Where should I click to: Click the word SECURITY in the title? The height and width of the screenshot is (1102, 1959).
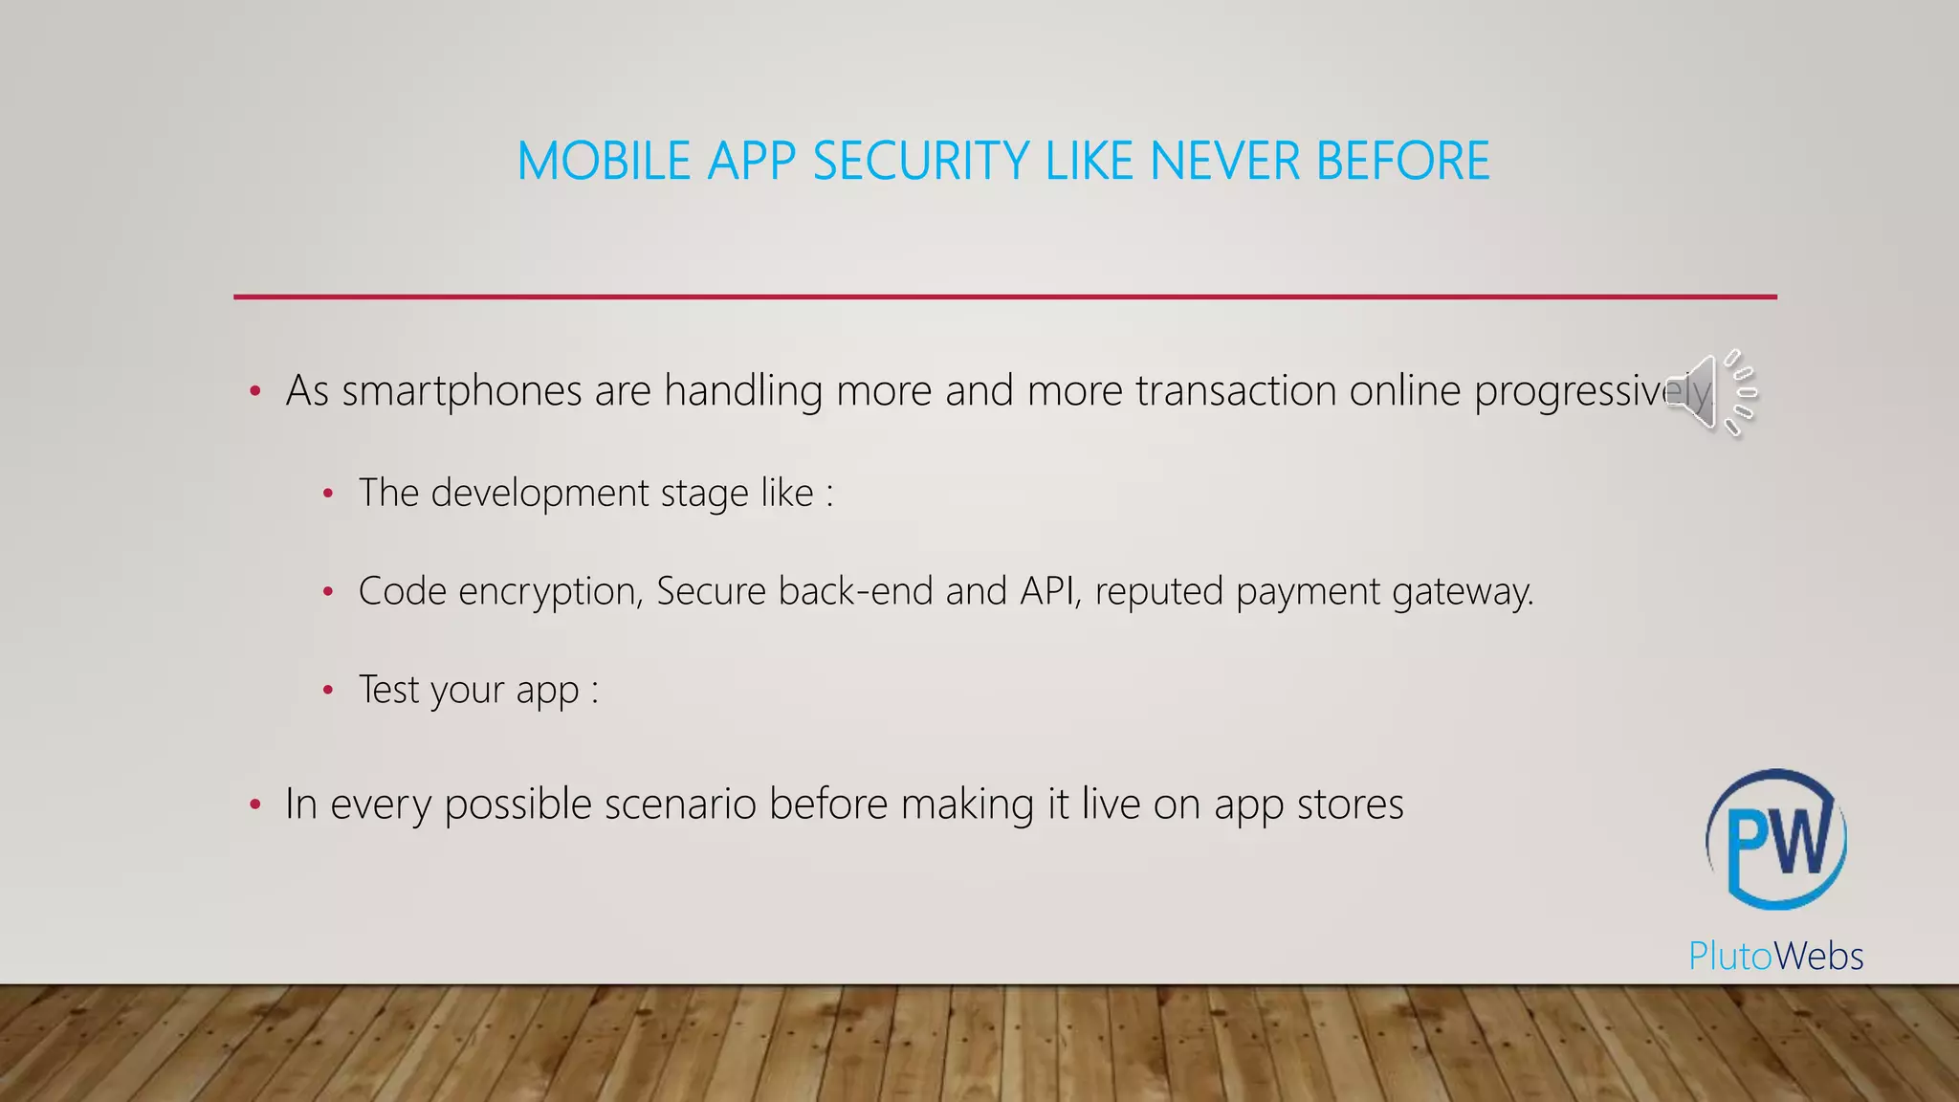pyautogui.click(x=921, y=161)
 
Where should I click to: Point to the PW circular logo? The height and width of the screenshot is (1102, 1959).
pyautogui.click(x=1776, y=839)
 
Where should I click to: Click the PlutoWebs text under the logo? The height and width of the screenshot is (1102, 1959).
pyautogui.click(x=1775, y=956)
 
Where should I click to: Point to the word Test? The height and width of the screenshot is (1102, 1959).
pyautogui.click(x=389, y=689)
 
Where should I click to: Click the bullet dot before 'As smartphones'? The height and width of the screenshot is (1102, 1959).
pyautogui.click(x=254, y=391)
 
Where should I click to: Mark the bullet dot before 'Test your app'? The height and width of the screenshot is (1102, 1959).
pyautogui.click(x=328, y=690)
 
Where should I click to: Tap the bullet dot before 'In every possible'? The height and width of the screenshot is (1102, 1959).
pyautogui.click(x=254, y=804)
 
